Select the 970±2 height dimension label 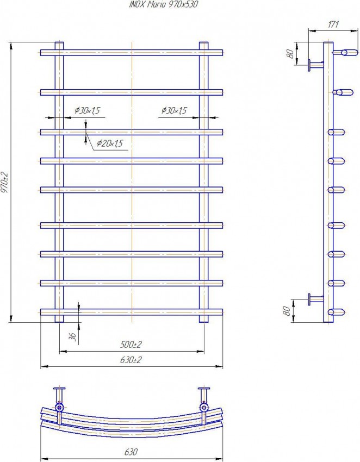click(5, 183)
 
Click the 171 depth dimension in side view click(333, 24)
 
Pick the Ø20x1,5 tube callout click(110, 143)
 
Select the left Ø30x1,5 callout click(87, 111)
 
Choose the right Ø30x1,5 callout click(173, 111)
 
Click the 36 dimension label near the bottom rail click(72, 336)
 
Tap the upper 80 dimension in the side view click(290, 54)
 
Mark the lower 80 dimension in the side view click(287, 310)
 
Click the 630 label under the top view click(131, 452)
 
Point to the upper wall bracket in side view click(314, 65)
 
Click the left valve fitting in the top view click(59, 407)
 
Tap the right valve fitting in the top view click(204, 407)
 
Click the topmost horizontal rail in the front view click(132, 53)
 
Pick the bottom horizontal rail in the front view click(132, 312)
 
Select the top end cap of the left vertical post click(59, 43)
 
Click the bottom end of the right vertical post click(204, 320)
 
